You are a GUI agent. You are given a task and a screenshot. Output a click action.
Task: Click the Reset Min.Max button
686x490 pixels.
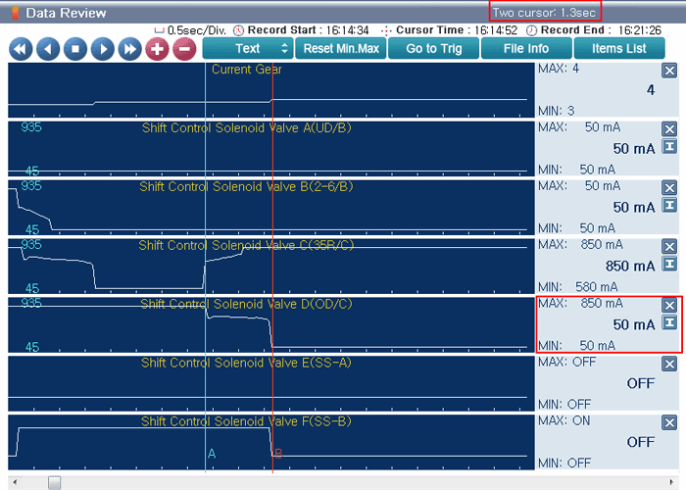341,48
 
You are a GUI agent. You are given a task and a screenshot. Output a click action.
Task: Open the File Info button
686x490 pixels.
526,48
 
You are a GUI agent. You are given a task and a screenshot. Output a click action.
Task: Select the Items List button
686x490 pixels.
619,48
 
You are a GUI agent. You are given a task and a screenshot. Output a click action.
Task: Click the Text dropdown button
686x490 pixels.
248,48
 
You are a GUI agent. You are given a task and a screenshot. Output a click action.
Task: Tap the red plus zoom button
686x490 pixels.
157,49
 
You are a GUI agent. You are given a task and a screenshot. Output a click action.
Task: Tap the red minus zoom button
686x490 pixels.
184,49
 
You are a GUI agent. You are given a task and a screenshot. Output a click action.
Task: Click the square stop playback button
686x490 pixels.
75,49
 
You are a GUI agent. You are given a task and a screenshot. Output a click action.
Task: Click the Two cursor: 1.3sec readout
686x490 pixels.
544,12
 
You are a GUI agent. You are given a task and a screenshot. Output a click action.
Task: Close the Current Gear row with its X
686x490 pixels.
669,71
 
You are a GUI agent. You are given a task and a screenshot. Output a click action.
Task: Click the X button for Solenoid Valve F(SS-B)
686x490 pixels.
669,422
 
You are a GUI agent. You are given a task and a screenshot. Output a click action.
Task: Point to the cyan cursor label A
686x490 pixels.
212,454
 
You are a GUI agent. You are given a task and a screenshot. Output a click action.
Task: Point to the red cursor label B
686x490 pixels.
278,454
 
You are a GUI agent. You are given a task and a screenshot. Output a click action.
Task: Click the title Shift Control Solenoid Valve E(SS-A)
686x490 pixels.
246,363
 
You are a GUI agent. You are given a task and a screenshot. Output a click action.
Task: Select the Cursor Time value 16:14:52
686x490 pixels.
496,30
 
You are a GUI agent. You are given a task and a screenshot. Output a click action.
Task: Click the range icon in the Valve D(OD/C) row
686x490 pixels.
669,322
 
